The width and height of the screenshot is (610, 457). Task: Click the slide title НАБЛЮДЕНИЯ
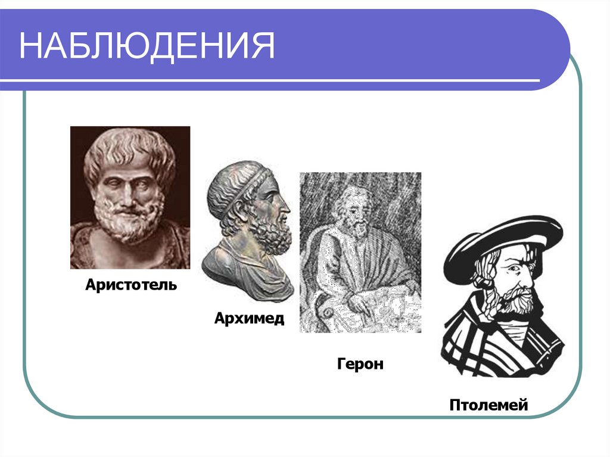coord(147,46)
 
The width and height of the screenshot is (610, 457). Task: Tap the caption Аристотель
coord(131,285)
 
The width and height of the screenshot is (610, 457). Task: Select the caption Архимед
coord(250,318)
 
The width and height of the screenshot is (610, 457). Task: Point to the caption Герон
coord(360,363)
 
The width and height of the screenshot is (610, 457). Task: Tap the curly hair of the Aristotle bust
coord(128,149)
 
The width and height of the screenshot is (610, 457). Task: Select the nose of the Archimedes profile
coord(286,209)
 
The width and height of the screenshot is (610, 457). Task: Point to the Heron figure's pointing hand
coord(363,304)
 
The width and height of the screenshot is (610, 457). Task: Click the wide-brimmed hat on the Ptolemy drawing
coord(500,238)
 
